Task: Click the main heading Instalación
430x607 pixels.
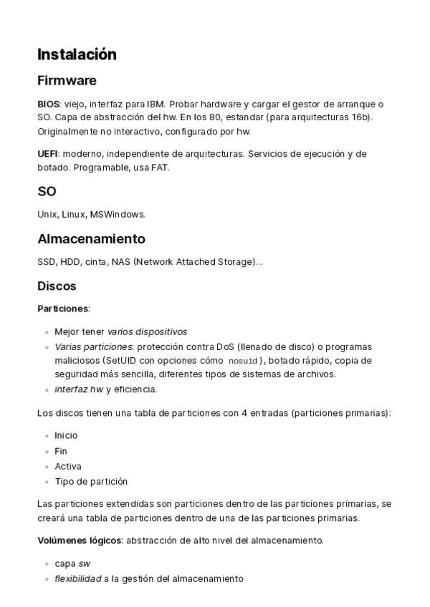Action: pyautogui.click(x=77, y=54)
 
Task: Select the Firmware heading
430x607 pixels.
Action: pyautogui.click(x=67, y=80)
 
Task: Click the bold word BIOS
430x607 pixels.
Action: pyautogui.click(x=48, y=104)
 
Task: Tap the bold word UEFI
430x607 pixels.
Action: pyautogui.click(x=47, y=154)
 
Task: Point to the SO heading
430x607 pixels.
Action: pyautogui.click(x=47, y=192)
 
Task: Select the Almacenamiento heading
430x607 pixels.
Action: pyautogui.click(x=91, y=239)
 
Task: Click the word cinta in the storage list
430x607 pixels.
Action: pyautogui.click(x=96, y=261)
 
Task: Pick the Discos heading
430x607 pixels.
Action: pyautogui.click(x=57, y=286)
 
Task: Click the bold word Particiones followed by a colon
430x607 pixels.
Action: pyautogui.click(x=62, y=309)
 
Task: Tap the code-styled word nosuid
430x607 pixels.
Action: pyautogui.click(x=242, y=361)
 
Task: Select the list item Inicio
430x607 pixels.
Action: pyautogui.click(x=66, y=435)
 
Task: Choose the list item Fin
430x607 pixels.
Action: pyautogui.click(x=61, y=451)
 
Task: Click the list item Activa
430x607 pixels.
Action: pyautogui.click(x=68, y=467)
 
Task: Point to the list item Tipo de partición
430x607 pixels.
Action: pyautogui.click(x=91, y=482)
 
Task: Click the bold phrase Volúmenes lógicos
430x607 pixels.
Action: pyautogui.click(x=79, y=540)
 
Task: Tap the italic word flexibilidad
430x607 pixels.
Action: pyautogui.click(x=77, y=578)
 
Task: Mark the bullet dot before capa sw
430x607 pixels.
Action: pyautogui.click(x=47, y=563)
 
